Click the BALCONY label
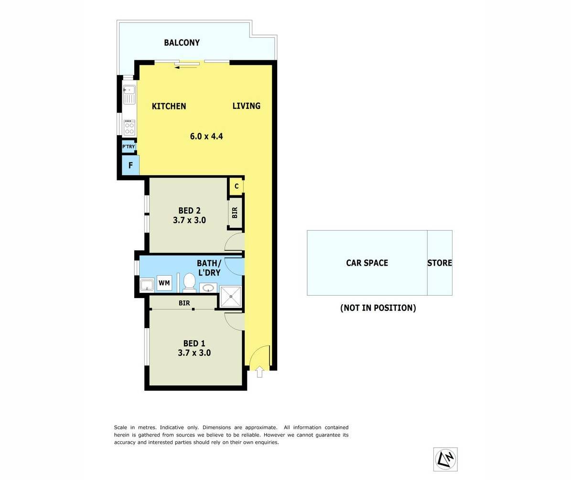pos(182,43)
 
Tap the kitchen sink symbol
pos(129,94)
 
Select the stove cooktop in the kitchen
pos(129,128)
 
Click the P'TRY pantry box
pos(129,147)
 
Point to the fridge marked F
pos(130,166)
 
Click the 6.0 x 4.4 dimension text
pos(206,136)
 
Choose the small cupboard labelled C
pos(236,186)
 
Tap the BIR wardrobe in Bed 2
pos(235,213)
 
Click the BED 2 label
pos(189,211)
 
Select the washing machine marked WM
pos(164,283)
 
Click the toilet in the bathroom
pos(189,283)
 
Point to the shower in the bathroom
pos(230,296)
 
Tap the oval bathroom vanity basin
pos(208,288)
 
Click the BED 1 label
pos(194,343)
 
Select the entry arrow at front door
pos(259,371)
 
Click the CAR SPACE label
pos(367,263)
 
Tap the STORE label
pos(440,263)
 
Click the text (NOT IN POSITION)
pos(378,308)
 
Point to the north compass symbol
pos(445,459)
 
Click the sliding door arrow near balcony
pos(186,67)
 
